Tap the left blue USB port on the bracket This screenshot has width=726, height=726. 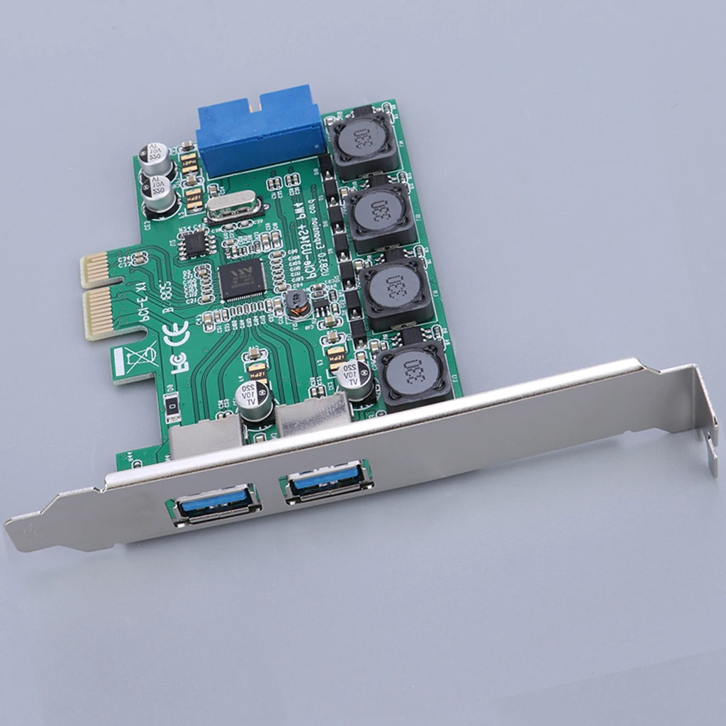(214, 503)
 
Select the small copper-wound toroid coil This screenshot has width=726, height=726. (298, 303)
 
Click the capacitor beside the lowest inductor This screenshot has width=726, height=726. (354, 380)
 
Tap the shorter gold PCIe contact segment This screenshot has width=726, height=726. (98, 269)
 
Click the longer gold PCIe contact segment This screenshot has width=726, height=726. (103, 312)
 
